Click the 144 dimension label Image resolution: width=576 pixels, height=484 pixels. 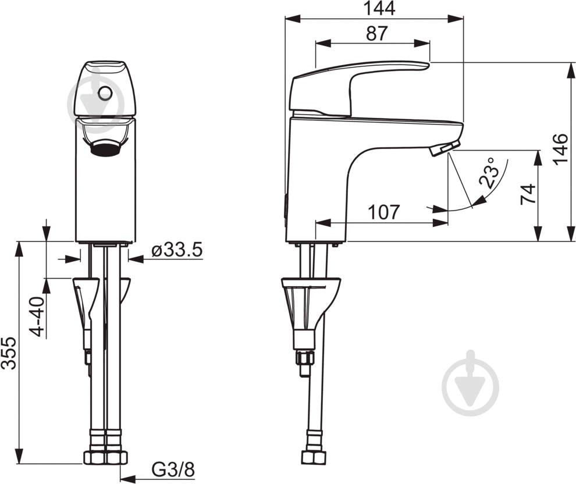379,8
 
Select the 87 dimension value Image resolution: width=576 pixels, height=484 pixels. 377,33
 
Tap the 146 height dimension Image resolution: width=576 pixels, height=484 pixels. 561,149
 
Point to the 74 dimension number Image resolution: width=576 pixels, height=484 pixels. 528,194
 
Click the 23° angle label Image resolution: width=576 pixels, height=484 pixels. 490,173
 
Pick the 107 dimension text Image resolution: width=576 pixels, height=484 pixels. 384,212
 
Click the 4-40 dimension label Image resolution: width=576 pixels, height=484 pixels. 37,316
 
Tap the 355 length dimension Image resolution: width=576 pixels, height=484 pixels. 9,353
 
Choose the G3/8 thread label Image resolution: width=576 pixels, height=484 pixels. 173,469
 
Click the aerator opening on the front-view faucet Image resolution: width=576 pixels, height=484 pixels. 105,149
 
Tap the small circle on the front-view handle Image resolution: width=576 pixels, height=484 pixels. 105,93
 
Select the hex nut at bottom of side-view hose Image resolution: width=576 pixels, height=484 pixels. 314,458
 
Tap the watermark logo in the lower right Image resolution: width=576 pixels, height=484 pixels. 471,383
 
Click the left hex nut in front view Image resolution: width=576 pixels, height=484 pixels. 95,458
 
